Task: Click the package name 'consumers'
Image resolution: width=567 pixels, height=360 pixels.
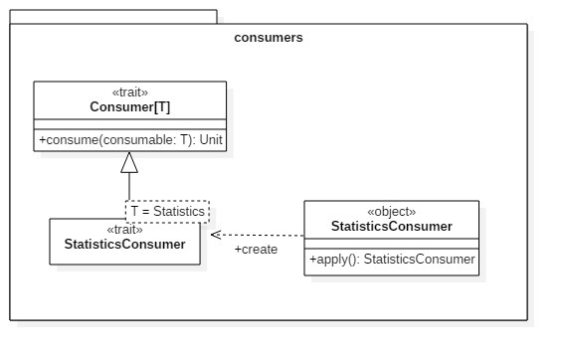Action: tap(268, 38)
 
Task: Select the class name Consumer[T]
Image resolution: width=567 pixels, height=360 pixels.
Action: tap(130, 106)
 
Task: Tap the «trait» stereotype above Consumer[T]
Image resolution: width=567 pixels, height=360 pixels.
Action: tap(130, 92)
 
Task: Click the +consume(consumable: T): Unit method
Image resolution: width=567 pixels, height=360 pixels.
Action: tap(130, 141)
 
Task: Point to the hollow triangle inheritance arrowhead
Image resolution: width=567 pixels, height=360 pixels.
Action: tap(129, 163)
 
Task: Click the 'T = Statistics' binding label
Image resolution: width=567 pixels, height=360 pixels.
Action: tap(167, 211)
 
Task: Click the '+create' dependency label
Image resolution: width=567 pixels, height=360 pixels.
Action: tap(256, 249)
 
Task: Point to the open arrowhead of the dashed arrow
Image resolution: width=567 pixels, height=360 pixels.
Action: tap(214, 234)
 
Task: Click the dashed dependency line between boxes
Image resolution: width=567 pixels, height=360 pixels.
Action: tap(259, 234)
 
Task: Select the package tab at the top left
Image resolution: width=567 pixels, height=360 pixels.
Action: tap(113, 17)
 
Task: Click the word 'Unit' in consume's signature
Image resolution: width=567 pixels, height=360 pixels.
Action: tap(211, 141)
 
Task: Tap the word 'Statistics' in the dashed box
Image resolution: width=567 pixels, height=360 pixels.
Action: tap(179, 211)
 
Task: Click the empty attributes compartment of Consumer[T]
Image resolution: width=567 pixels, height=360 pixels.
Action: tap(130, 124)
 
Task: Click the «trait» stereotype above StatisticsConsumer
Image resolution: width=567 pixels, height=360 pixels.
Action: tap(123, 230)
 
